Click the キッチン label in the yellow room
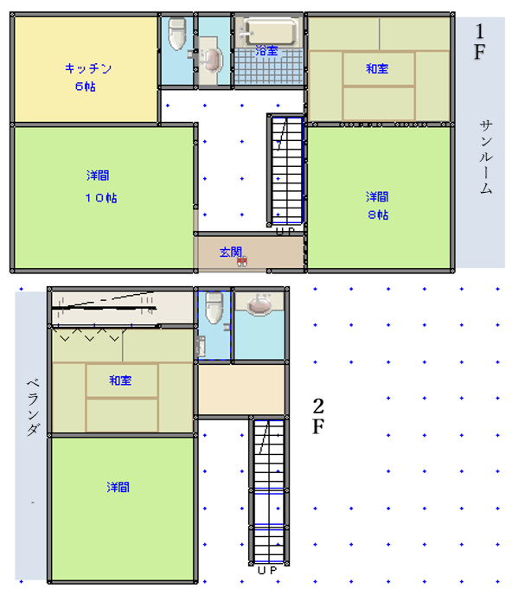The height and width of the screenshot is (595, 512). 88,68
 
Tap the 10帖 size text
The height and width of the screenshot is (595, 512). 101,198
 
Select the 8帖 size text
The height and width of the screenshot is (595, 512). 378,214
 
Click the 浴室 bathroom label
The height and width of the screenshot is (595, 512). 266,50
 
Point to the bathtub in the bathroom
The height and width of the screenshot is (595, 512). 270,31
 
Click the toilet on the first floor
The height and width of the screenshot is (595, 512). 177,34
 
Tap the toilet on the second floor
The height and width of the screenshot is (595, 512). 214,307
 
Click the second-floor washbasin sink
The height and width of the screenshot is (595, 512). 259,304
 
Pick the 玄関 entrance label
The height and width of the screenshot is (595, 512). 231,252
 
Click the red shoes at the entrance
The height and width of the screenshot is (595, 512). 242,261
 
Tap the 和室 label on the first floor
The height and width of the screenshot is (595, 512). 377,68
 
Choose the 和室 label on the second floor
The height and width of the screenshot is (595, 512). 120,381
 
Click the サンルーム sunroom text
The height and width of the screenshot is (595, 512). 486,157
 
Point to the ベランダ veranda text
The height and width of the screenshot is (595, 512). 33,407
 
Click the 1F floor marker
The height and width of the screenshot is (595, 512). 480,42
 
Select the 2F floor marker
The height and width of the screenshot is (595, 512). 318,416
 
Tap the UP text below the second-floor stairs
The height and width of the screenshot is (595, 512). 267,570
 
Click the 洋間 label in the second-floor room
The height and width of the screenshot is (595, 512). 118,487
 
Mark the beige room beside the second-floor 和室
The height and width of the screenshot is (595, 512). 241,390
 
